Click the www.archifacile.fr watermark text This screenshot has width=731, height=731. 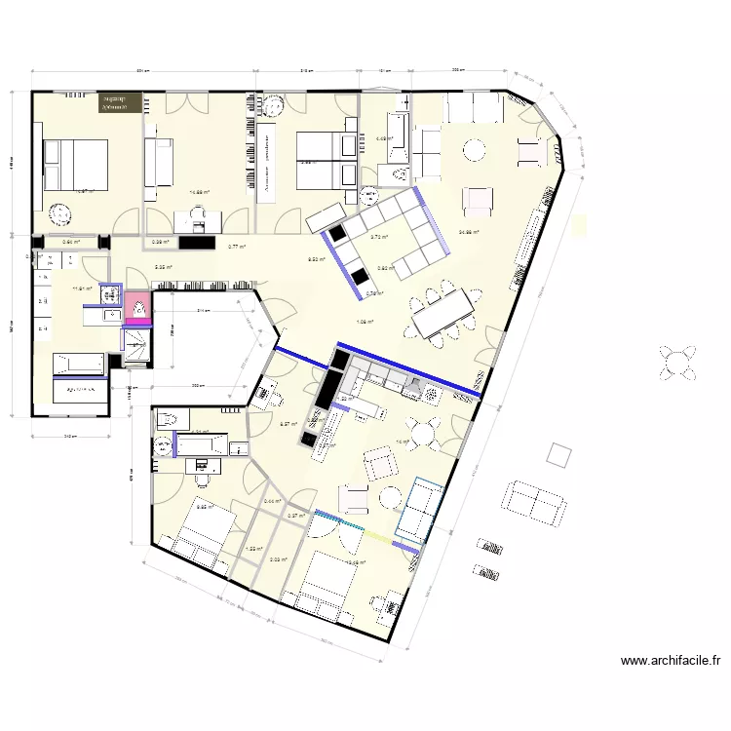[671, 661]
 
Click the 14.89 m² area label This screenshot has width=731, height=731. [200, 192]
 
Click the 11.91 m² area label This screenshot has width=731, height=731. [82, 289]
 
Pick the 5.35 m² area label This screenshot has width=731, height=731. [164, 268]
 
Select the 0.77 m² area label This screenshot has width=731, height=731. [237, 248]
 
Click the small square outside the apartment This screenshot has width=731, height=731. [560, 455]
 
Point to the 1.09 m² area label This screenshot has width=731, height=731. [365, 322]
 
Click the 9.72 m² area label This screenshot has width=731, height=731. [379, 237]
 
